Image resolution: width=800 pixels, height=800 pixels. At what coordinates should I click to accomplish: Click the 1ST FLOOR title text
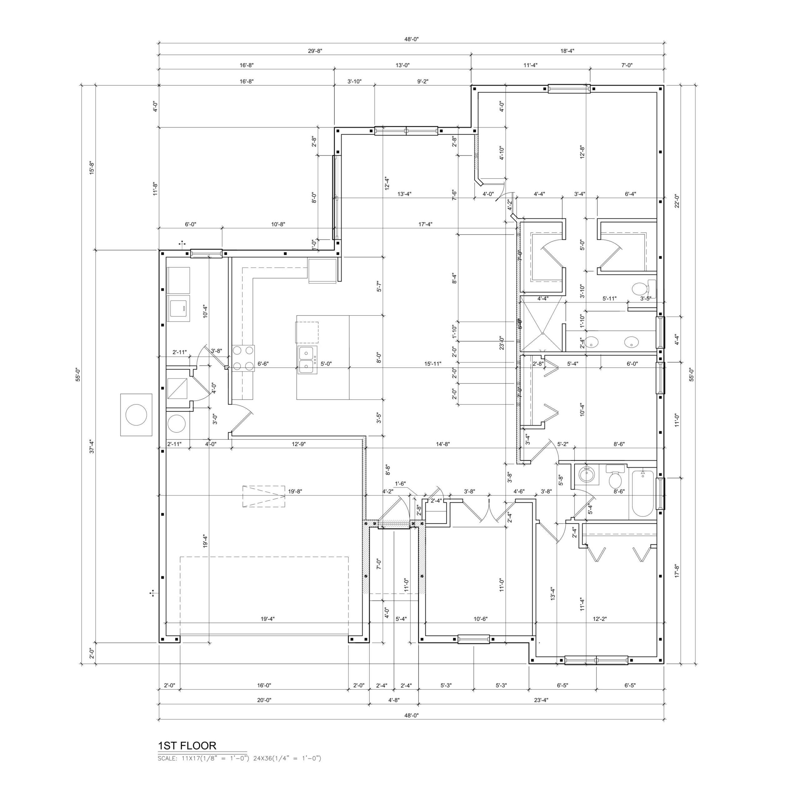pos(187,746)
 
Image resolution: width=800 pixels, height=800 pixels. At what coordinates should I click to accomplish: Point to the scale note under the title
pos(239,758)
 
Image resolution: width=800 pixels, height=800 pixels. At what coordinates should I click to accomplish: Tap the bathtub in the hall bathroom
pos(642,493)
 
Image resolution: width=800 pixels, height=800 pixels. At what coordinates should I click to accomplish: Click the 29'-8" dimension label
pos(315,51)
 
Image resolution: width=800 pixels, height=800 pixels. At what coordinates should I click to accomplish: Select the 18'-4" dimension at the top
pos(567,51)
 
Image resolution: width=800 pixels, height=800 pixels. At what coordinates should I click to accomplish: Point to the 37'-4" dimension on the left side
pos(92,446)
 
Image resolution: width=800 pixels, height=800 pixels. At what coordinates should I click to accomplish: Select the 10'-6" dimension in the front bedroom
pos(480,619)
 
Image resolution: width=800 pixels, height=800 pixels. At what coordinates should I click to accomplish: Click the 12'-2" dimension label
pos(600,619)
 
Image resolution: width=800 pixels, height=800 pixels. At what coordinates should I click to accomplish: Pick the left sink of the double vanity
pos(592,342)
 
